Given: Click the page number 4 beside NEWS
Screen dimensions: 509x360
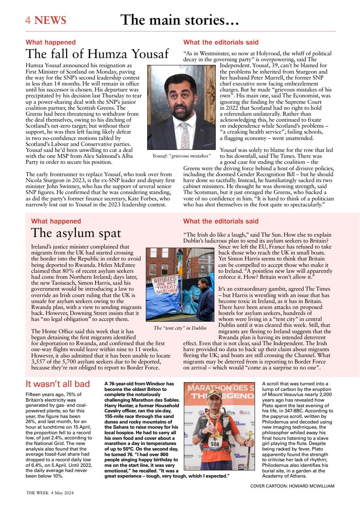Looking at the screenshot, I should point(28,20).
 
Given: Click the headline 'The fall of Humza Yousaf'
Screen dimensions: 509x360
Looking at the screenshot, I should point(97,54).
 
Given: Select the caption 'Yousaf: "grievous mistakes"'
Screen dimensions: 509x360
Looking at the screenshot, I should point(181,155).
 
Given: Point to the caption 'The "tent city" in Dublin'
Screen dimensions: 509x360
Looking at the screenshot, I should point(180,328).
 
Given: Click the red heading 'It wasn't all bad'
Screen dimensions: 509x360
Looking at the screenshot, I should point(58,384).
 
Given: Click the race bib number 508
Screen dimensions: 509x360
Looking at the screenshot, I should point(215,443).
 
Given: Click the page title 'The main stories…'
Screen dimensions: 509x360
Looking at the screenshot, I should point(179,19).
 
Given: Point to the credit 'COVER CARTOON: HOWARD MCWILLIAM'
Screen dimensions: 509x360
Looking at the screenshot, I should point(292,486).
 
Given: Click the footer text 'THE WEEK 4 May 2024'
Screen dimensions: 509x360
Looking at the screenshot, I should point(50,493).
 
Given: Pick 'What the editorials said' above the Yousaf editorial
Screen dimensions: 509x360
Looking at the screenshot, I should point(220,42).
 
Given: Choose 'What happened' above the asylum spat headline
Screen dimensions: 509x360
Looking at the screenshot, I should point(56,221).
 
